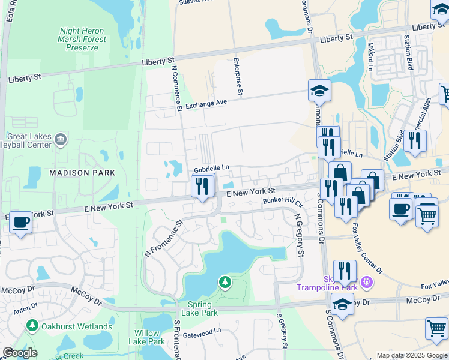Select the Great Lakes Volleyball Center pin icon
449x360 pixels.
coord(61,140)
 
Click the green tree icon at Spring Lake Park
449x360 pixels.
coord(224,282)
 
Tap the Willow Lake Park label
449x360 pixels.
coord(146,337)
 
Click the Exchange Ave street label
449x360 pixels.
coord(206,104)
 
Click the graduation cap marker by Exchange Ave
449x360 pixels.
coord(319,91)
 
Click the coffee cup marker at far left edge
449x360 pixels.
coord(20,222)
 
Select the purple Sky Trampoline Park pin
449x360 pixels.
coord(368,281)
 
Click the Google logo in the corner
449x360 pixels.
coord(20,353)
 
